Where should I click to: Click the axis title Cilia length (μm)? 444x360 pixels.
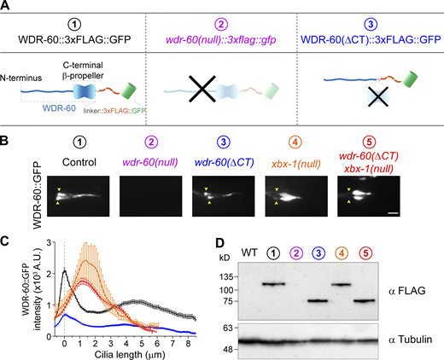[127, 351]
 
